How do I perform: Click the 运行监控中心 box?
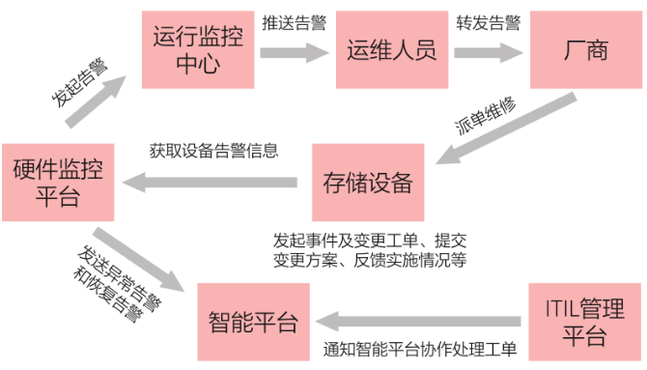click(x=187, y=50)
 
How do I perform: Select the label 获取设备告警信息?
click(x=213, y=151)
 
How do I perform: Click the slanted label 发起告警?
click(x=78, y=81)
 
